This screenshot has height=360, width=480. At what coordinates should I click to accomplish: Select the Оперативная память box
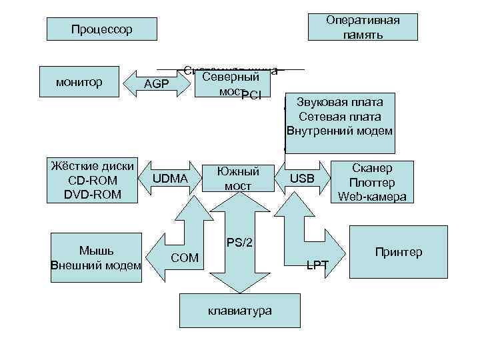point(363,27)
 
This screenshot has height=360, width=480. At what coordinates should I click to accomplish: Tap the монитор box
point(79,83)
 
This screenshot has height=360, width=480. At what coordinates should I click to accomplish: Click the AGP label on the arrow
point(157,84)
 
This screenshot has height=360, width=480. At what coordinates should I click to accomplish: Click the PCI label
point(252,95)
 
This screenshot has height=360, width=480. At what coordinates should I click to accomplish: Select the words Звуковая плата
point(340,103)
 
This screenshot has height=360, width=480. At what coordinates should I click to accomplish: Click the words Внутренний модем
point(340,131)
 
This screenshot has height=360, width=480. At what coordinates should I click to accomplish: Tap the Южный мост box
point(237,179)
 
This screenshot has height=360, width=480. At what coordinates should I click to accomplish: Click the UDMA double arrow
point(171,179)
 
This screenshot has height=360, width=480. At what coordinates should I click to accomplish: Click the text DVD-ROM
point(93,194)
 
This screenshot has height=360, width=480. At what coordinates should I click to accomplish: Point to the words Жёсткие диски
point(93,166)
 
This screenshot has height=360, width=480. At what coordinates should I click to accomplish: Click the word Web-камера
point(372,196)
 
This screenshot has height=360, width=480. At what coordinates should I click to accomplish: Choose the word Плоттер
point(372,183)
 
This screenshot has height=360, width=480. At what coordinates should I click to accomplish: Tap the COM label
point(185,257)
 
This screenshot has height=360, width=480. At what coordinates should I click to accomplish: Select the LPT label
point(317,265)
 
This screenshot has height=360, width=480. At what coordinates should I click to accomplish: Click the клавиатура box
point(239,311)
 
